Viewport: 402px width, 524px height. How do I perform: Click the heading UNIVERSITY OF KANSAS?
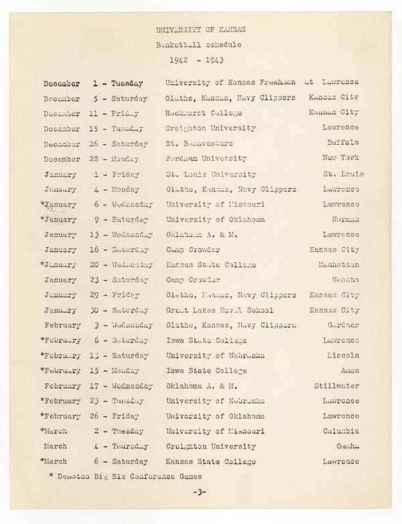point(200,31)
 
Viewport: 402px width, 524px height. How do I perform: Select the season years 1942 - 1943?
point(200,58)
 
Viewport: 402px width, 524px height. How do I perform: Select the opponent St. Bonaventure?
point(200,144)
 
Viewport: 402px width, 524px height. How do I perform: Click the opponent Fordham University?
point(206,159)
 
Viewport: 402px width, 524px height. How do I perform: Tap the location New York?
point(342,159)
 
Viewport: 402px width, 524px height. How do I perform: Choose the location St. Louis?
point(343,174)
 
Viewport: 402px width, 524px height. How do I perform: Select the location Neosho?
point(345,280)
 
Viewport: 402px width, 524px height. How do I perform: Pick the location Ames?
point(347,371)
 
